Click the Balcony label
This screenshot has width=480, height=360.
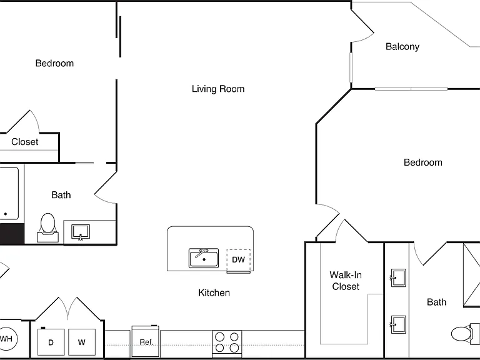click(402, 47)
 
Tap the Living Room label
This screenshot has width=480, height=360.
click(218, 89)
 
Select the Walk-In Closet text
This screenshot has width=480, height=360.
click(346, 281)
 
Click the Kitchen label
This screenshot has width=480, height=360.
click(214, 293)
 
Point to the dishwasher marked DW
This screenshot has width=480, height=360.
click(239, 261)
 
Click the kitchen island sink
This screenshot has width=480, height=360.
click(204, 258)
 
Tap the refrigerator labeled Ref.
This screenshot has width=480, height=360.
click(146, 341)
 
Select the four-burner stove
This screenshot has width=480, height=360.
click(227, 344)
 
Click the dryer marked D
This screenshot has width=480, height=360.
click(51, 342)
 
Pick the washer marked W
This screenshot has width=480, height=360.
click(82, 342)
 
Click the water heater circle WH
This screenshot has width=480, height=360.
click(6, 339)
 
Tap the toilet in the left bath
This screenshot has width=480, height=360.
click(47, 228)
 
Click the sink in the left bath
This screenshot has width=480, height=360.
click(81, 232)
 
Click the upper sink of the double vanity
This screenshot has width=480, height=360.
click(398, 278)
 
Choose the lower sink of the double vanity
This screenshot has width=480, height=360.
click(398, 324)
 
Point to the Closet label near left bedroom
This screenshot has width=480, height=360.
click(25, 142)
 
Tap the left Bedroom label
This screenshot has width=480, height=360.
click(54, 63)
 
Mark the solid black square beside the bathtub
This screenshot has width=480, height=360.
click(12, 234)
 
